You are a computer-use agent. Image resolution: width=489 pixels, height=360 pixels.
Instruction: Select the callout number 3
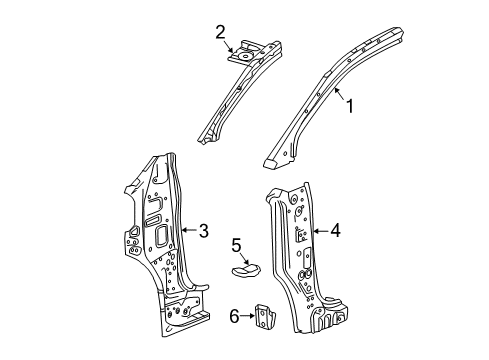[203, 232]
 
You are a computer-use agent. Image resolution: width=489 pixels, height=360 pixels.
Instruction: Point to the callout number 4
[335, 232]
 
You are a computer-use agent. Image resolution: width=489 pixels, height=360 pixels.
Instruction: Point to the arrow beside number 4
[317, 232]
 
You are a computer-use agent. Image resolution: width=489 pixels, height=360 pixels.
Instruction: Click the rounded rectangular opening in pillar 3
[160, 235]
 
